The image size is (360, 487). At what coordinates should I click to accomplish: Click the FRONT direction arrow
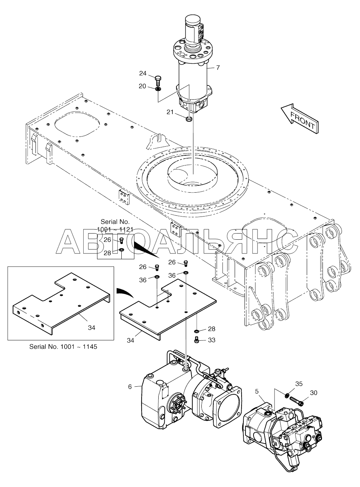tap(299, 118)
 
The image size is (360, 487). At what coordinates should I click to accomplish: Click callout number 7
tap(217, 68)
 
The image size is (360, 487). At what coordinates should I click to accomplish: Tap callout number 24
tap(143, 74)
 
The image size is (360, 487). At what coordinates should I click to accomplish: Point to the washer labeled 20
tap(158, 89)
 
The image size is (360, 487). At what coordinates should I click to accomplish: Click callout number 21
tap(170, 112)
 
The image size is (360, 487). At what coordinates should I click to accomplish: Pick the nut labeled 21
tap(189, 119)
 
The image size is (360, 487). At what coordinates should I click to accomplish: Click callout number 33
tap(212, 340)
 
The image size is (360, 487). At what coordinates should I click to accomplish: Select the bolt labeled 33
tap(197, 340)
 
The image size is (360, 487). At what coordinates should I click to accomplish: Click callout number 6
tap(130, 387)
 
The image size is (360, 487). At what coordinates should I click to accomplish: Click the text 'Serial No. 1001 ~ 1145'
tap(63, 347)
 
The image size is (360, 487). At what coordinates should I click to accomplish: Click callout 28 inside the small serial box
tap(107, 253)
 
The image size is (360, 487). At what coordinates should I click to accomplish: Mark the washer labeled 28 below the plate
tap(197, 331)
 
